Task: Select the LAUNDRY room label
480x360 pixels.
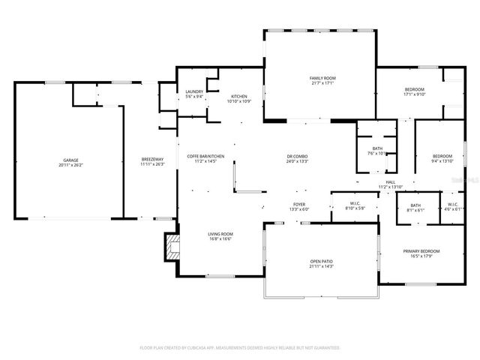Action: pyautogui.click(x=194, y=94)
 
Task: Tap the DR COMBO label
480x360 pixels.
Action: pyautogui.click(x=297, y=158)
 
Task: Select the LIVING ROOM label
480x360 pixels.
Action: pyautogui.click(x=220, y=237)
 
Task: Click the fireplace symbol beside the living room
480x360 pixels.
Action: pyautogui.click(x=172, y=247)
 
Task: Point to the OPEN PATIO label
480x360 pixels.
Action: pyautogui.click(x=321, y=264)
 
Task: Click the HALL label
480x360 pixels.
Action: pyautogui.click(x=391, y=184)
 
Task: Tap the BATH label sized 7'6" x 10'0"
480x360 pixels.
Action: pyautogui.click(x=376, y=151)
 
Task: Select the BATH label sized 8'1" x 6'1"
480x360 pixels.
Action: pyautogui.click(x=415, y=208)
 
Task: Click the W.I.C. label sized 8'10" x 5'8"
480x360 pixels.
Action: pyautogui.click(x=355, y=205)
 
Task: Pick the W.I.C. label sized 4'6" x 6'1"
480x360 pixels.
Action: pyautogui.click(x=453, y=207)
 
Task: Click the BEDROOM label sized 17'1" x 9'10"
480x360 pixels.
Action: pyautogui.click(x=414, y=91)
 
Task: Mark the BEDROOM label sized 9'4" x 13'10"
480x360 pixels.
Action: pyautogui.click(x=442, y=158)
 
